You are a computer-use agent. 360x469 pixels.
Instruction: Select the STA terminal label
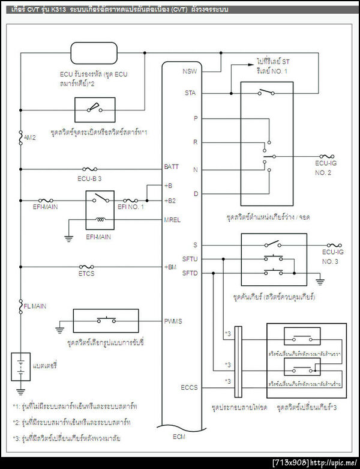[x=190, y=93]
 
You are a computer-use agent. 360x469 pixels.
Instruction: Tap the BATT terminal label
[x=171, y=166]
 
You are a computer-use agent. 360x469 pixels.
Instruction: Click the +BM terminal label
[x=170, y=265]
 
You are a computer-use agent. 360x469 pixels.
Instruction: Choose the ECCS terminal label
[x=191, y=388]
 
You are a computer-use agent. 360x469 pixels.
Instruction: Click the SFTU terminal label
[x=190, y=259]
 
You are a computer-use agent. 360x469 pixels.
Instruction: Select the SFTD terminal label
[x=190, y=273]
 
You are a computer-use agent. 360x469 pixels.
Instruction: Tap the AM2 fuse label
[x=30, y=138]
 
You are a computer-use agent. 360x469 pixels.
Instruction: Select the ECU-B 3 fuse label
[x=89, y=178]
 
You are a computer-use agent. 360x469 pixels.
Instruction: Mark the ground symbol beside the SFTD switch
[x=319, y=280]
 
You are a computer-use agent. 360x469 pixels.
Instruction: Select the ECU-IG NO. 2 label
[x=331, y=166]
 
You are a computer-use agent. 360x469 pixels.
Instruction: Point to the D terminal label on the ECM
[x=196, y=193]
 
